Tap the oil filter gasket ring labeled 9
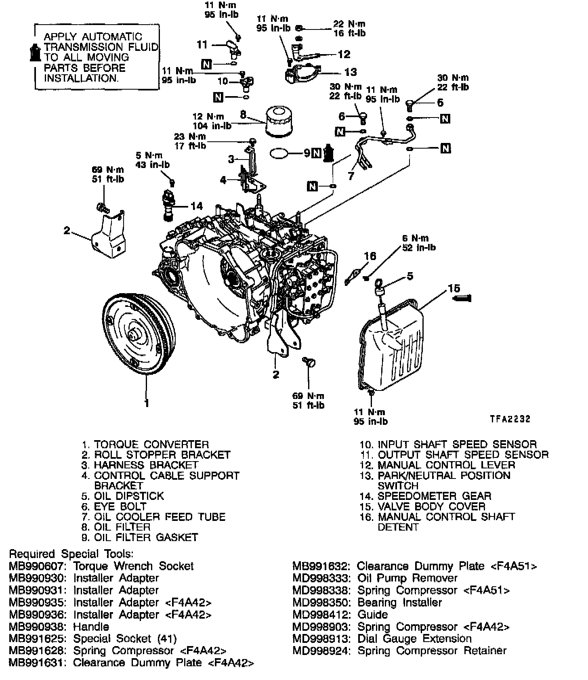pos(279,153)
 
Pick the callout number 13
pos(351,72)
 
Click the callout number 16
pos(370,256)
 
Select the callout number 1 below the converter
pos(147,403)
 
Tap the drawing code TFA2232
pos(510,419)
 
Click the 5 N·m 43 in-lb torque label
pos(153,160)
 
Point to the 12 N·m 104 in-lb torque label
pos(212,121)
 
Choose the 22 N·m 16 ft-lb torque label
pos(349,28)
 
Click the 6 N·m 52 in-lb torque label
pos(418,243)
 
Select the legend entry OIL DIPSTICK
pos(129,496)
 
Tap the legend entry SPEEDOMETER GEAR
pos(434,496)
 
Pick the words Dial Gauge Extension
pos(414,639)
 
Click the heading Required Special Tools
pos(71,554)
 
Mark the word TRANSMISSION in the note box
pos(101,47)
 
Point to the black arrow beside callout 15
pos(462,298)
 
